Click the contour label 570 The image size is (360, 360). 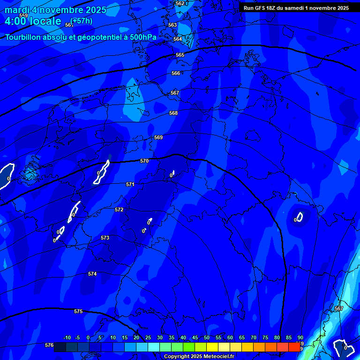(x=144, y=161)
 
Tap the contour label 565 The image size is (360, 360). (x=180, y=55)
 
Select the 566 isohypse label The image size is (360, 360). (x=176, y=73)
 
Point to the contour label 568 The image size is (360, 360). (x=173, y=113)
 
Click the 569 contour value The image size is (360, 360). (x=158, y=137)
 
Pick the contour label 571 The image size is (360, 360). (x=130, y=184)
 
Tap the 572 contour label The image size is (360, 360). (x=119, y=210)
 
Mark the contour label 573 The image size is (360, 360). (x=105, y=238)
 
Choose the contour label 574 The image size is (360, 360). (x=92, y=274)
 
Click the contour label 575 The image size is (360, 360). (x=78, y=311)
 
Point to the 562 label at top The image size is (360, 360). (x=180, y=3)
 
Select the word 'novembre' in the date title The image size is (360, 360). (x=60, y=10)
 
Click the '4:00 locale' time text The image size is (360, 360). (x=33, y=21)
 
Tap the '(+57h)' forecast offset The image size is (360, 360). (x=81, y=21)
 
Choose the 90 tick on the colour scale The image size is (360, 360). (x=300, y=337)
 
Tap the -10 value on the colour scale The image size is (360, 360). (x=67, y=337)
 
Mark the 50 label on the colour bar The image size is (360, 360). (x=207, y=337)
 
